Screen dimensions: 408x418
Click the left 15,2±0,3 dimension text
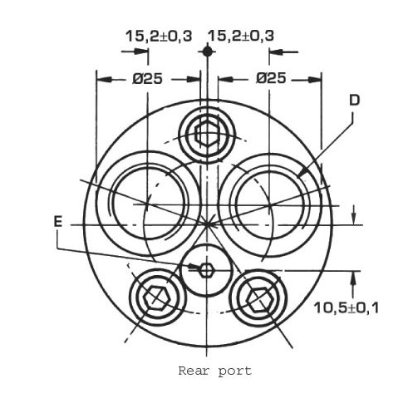click(x=159, y=37)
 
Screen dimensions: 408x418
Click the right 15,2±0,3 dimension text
click(x=241, y=36)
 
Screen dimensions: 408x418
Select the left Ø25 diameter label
click(x=147, y=79)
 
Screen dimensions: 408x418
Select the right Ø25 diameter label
click(x=271, y=78)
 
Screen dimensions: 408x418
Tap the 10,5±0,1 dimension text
click(x=346, y=307)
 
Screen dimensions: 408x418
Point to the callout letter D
click(x=354, y=101)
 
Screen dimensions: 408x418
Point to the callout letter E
click(x=58, y=222)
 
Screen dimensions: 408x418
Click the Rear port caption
click(x=215, y=371)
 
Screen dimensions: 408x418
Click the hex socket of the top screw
click(x=207, y=135)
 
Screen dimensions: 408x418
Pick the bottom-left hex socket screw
click(x=157, y=298)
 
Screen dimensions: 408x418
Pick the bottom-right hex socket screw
click(x=258, y=299)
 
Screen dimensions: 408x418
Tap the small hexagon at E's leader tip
click(x=207, y=270)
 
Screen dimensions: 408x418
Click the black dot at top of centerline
click(x=207, y=52)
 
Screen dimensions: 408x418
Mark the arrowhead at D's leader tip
click(x=302, y=171)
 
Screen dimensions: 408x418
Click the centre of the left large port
click(x=147, y=204)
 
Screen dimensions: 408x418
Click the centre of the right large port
click(x=270, y=205)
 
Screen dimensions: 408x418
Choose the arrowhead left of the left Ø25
click(x=105, y=80)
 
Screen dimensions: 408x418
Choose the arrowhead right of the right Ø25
click(x=314, y=80)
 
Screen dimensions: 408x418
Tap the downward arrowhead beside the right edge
click(x=353, y=217)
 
